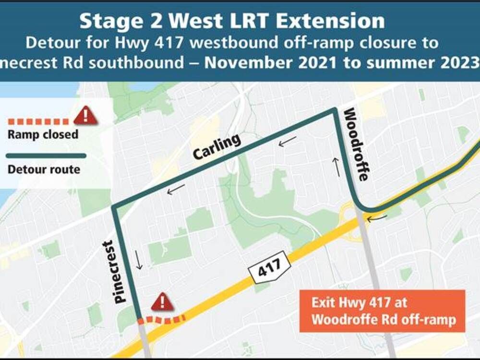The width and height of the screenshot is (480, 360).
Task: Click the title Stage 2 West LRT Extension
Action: (232, 21)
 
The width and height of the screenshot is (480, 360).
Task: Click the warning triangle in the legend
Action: (85, 115)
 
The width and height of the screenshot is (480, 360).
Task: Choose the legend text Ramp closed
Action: (43, 134)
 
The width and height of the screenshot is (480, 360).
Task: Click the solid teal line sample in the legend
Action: (46, 156)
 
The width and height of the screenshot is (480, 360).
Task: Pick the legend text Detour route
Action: (44, 169)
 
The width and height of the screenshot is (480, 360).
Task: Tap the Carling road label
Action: (216, 147)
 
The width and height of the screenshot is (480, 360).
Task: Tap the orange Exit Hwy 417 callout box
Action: (383, 311)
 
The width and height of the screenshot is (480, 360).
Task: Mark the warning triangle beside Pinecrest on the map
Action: (162, 302)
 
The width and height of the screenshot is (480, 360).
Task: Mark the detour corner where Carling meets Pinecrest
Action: (114, 207)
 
